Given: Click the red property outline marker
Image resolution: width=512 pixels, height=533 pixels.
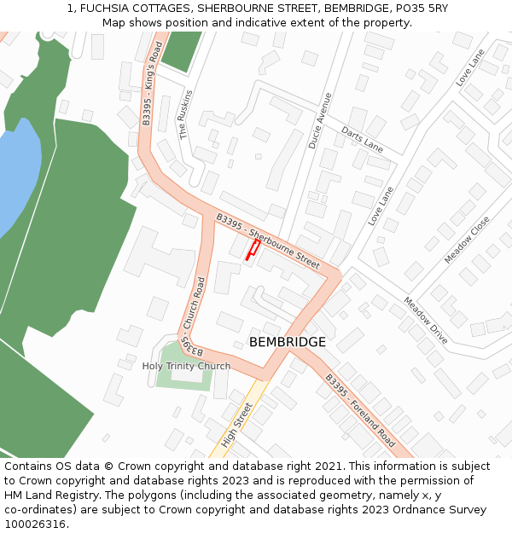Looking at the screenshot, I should click(253, 249).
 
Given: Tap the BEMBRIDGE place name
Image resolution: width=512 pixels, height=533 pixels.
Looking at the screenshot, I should click(288, 342).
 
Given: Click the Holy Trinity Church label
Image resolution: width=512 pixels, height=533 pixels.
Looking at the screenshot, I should click(186, 367).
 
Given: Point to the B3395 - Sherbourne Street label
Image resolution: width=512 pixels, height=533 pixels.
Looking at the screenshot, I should click(268, 241).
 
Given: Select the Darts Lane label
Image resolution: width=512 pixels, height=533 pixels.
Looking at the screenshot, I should click(362, 139).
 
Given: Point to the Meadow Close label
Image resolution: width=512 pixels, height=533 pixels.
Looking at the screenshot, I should click(467, 240).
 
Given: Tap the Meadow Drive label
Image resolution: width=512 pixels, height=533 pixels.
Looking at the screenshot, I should click(425, 320).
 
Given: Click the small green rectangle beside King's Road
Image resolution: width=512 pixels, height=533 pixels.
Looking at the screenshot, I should click(181, 50).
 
